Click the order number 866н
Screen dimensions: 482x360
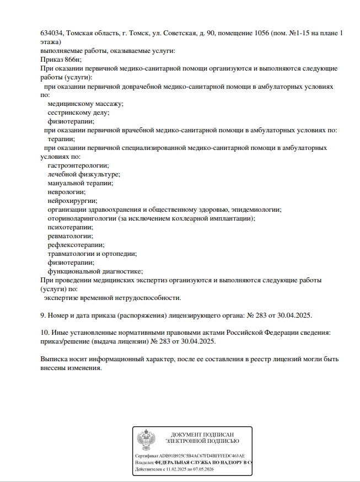(71, 60)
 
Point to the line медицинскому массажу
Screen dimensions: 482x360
(85, 104)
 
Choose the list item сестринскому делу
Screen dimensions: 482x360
(78, 113)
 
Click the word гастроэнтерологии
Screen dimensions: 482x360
(78, 165)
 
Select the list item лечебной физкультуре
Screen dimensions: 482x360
(84, 174)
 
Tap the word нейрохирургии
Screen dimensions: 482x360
(72, 201)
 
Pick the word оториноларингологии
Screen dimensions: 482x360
(82, 218)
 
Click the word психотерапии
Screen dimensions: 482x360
(70, 227)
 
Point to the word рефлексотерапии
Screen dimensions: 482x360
(76, 245)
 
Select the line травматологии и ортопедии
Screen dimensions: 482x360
(92, 254)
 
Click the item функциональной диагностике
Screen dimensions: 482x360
(95, 271)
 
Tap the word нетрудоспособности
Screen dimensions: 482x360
(144, 298)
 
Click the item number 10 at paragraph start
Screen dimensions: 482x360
(45, 333)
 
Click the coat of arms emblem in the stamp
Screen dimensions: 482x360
(146, 442)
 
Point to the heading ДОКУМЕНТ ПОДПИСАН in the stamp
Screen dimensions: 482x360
(202, 435)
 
